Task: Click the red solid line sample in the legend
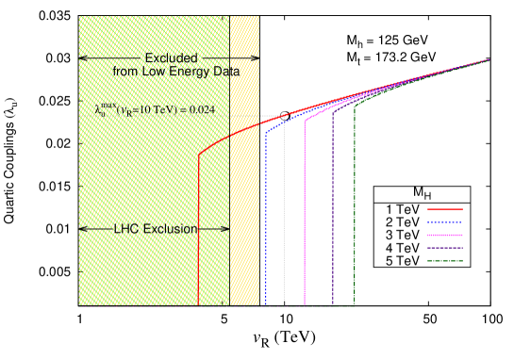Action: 444,209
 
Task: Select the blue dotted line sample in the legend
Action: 444,222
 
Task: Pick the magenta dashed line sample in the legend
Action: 444,235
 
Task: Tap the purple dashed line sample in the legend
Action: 444,247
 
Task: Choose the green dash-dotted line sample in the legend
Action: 444,259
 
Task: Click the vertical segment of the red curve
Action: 199,236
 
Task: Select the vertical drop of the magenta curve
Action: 305,217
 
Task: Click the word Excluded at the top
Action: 171,58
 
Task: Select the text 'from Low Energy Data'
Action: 175,72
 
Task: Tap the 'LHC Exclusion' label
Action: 156,229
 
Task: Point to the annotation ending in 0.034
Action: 156,110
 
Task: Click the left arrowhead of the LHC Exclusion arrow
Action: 83,229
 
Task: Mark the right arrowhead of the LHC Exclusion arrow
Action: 225,229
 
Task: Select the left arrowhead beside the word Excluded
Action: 83,58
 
